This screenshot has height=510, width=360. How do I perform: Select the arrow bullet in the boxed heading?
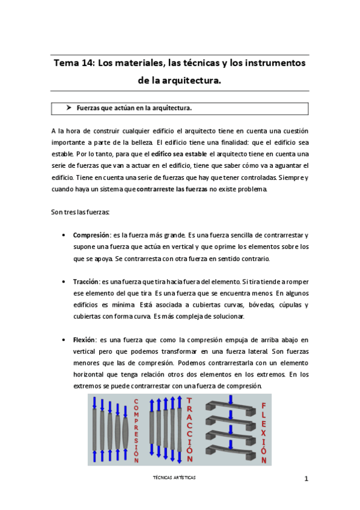pyautogui.click(x=69, y=108)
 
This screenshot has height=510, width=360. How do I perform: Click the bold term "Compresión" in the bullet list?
pyautogui.click(x=91, y=235)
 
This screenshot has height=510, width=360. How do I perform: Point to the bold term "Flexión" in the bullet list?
pyautogui.click(x=84, y=340)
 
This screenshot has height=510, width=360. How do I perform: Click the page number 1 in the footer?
pyautogui.click(x=306, y=479)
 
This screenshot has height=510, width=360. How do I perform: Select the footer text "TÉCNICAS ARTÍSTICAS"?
pyautogui.click(x=175, y=477)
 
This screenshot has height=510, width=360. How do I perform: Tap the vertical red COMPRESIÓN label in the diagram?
pyautogui.click(x=136, y=429)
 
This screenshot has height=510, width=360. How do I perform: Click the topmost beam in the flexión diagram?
pyautogui.click(x=230, y=405)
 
